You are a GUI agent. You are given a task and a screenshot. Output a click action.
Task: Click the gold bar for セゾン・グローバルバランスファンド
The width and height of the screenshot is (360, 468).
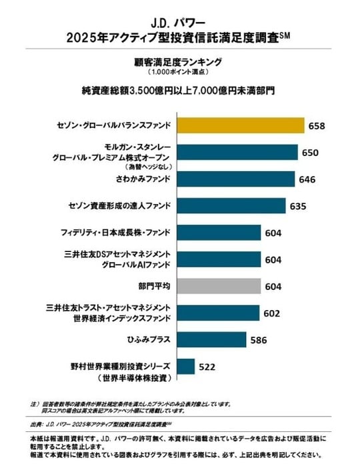tap(240, 125)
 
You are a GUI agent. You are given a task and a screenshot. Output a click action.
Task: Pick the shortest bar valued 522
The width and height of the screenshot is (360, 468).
tap(186, 367)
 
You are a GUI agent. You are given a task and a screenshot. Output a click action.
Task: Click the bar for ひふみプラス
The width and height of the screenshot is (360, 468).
tap(213, 340)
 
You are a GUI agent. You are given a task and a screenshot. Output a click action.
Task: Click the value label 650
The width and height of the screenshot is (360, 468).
tap(311, 153)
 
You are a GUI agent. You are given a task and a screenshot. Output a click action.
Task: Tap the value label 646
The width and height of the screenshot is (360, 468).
tap(307, 179)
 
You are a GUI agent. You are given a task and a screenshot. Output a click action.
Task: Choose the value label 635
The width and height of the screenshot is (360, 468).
tap(299, 206)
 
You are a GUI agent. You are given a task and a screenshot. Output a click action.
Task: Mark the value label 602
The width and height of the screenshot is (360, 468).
tap(273, 313)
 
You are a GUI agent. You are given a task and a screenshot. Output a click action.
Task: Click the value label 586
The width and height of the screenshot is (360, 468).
tap(259, 340)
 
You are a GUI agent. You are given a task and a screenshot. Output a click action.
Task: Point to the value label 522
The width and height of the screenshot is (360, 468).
tap(208, 367)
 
